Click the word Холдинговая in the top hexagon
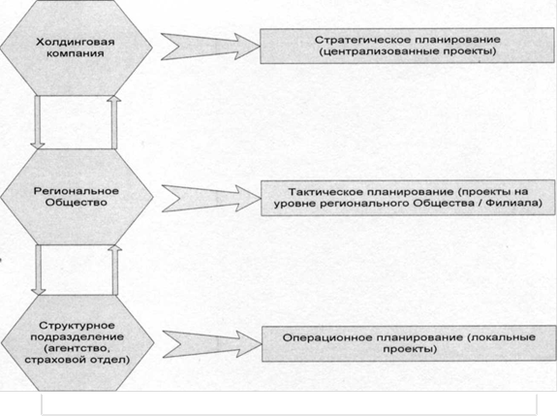76,42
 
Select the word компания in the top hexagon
76,53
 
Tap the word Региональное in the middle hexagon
77,191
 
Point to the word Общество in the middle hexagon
77,203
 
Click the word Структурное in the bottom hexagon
77,326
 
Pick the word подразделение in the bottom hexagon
77,336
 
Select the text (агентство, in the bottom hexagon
77,348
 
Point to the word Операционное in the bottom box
327,337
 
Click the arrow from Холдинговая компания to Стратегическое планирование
210,47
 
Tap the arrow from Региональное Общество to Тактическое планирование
211,199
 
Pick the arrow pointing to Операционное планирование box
212,344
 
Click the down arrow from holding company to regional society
38,122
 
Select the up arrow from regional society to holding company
114,122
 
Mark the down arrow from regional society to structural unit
39,270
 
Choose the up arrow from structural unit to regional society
115,270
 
